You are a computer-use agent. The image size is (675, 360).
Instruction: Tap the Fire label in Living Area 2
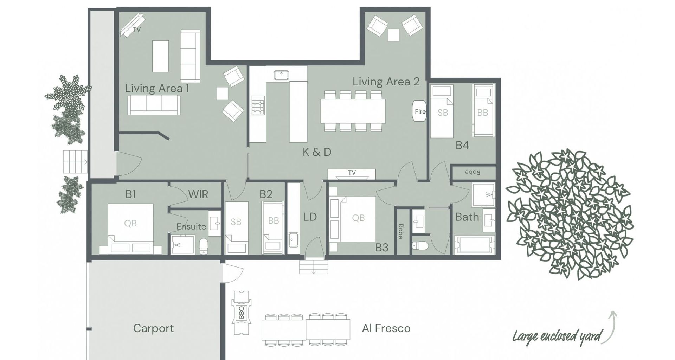[x=420, y=111]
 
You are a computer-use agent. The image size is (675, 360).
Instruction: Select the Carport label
[x=153, y=328]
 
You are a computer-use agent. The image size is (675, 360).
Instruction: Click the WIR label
[x=198, y=194]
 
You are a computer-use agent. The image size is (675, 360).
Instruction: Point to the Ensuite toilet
[x=204, y=246]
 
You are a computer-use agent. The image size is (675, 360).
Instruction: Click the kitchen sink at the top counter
[x=281, y=75]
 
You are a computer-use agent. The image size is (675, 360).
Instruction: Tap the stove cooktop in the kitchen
[x=258, y=107]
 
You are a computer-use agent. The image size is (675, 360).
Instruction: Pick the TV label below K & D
[x=352, y=173]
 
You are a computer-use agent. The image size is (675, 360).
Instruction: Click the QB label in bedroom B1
[x=130, y=223]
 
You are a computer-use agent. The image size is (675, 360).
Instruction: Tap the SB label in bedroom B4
[x=443, y=112]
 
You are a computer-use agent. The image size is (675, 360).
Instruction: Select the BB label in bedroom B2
[x=274, y=220]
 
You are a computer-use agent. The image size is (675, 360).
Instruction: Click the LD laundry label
[x=310, y=217]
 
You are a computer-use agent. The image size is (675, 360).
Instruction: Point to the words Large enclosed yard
[x=557, y=336]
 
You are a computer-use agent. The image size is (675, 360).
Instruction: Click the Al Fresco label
[x=386, y=328]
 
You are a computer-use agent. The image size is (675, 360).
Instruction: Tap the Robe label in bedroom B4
[x=473, y=172]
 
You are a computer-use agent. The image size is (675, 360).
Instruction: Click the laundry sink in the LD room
[x=293, y=240]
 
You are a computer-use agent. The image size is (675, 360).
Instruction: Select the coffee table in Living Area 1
[x=160, y=56]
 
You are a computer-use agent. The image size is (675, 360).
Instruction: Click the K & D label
[x=317, y=152]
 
